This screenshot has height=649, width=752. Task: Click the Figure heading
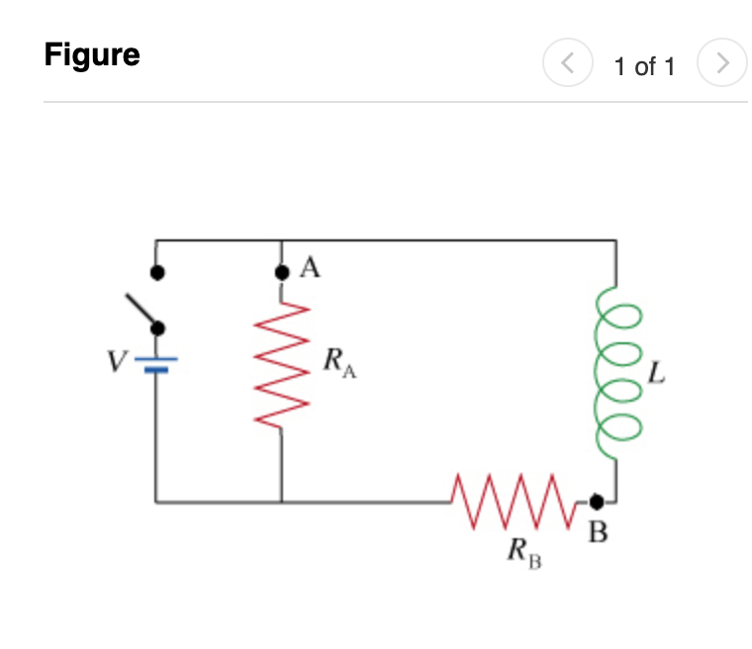point(92,54)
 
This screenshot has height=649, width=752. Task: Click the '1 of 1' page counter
point(643,66)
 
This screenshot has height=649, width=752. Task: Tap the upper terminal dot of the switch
point(155,270)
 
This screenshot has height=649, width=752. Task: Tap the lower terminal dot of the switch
point(155,328)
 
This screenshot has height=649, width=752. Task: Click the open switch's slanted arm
point(141,311)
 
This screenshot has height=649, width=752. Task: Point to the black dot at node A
point(281,271)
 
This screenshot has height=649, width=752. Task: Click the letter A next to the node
point(310,268)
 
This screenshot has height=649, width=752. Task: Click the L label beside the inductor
point(656,374)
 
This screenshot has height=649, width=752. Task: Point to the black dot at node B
point(596,502)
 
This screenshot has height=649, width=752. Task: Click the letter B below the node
point(599,534)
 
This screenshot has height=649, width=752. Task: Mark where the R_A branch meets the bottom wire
point(281,502)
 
